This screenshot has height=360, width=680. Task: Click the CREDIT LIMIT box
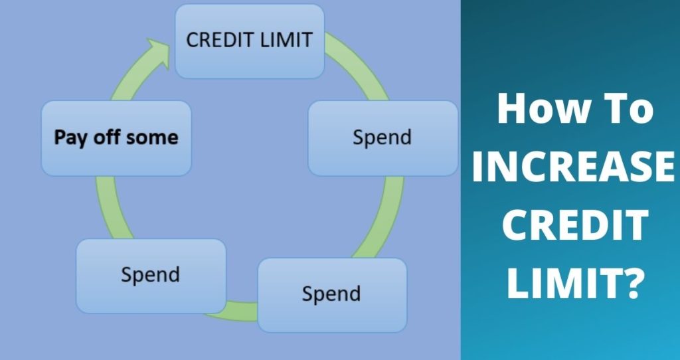tap(250, 41)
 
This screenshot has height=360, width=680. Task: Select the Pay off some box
tap(116, 138)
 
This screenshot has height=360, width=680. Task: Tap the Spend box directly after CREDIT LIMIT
tap(383, 138)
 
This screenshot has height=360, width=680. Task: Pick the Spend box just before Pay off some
tap(151, 276)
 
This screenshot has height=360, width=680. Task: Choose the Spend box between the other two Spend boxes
tap(332, 295)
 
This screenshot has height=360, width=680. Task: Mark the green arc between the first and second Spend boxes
tap(384, 218)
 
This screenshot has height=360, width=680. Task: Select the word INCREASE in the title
tap(573, 167)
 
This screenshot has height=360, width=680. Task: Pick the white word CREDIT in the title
tap(576, 225)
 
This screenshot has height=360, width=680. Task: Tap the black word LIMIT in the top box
tap(286, 41)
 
